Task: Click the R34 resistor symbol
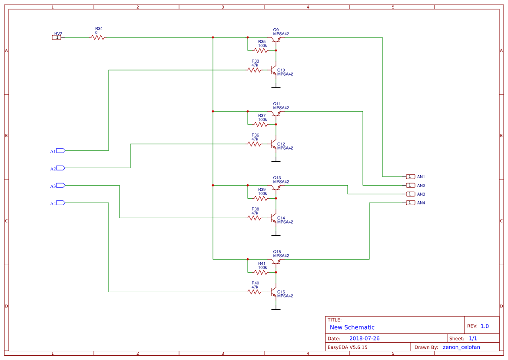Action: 98,37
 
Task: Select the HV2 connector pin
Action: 57,37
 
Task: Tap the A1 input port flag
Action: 60,150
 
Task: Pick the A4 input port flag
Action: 60,203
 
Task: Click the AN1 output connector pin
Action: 410,177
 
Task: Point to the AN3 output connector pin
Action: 410,194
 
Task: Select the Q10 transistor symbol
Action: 274,70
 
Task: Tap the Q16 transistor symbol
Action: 274,292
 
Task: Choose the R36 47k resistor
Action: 254,144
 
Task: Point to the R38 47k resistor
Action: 254,218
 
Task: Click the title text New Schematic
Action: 352,327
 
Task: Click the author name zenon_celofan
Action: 465,347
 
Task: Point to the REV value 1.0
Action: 485,326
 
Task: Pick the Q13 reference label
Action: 277,177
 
